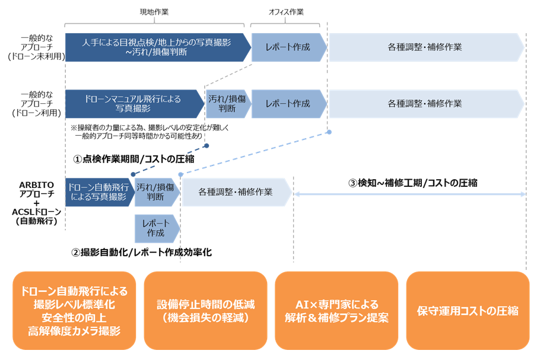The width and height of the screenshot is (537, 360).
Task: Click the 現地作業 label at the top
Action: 154,12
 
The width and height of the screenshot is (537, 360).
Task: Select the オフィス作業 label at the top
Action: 286,12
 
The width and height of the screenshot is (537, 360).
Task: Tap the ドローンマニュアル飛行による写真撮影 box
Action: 135,104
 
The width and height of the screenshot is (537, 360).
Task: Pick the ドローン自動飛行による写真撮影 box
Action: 99,192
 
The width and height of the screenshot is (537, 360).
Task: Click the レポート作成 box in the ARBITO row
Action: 157,228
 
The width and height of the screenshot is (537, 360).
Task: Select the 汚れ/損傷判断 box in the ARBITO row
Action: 157,192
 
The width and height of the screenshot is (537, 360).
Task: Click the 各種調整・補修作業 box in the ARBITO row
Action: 237,192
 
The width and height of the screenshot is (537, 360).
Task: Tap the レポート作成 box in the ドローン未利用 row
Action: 289,47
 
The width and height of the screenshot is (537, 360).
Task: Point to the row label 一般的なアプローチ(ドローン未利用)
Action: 37,47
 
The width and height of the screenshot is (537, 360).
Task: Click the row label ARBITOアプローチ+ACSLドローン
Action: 37,203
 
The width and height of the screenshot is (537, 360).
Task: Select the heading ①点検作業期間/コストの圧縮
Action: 134,159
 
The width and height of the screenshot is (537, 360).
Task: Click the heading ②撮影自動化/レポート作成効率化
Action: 141,252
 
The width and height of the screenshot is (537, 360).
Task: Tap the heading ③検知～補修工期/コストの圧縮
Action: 412,183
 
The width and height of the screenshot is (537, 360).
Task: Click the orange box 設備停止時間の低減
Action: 205,311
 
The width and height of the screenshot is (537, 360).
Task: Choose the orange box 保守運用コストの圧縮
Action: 468,311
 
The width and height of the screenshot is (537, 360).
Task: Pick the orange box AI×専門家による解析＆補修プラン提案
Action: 336,311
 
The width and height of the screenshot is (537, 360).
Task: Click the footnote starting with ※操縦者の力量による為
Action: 150,132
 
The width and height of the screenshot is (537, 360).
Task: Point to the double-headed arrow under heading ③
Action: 410,194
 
